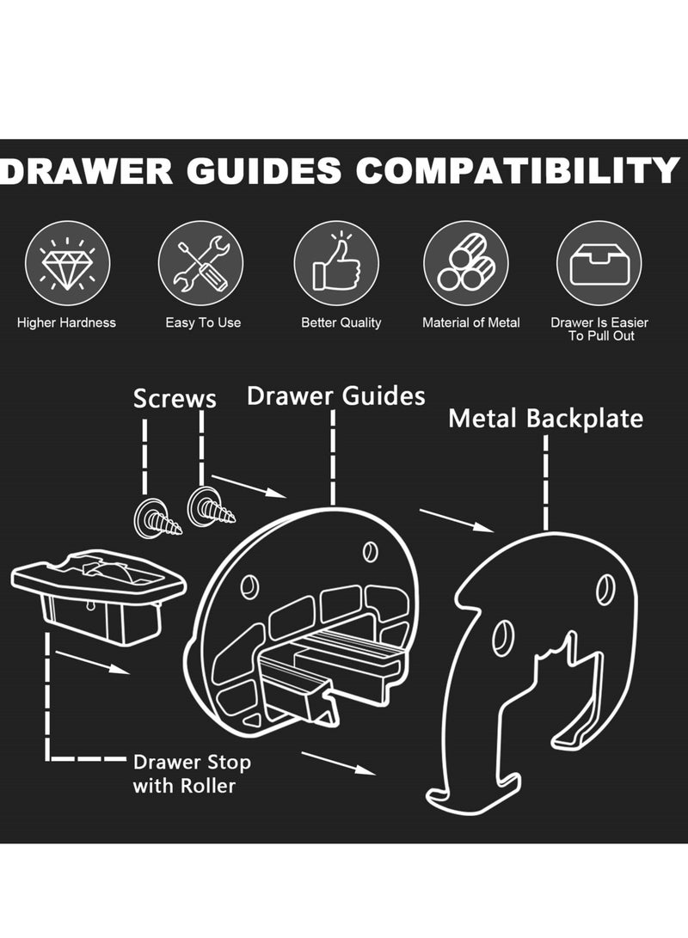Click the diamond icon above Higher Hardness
coord(66,263)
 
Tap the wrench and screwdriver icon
coord(200,263)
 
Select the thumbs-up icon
coord(335,263)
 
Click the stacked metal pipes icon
coord(465,263)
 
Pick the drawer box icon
coord(599,263)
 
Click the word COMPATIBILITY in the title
coord(519,171)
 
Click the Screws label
coord(175,399)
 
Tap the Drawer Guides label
coord(335,395)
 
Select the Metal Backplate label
coord(546,419)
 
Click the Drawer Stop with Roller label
coord(192,773)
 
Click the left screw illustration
coord(156,518)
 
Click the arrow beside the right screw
coord(249,486)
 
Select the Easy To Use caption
coord(203,322)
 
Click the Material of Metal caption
coord(470,322)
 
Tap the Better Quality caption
coord(341,322)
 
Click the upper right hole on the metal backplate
coord(605,589)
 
